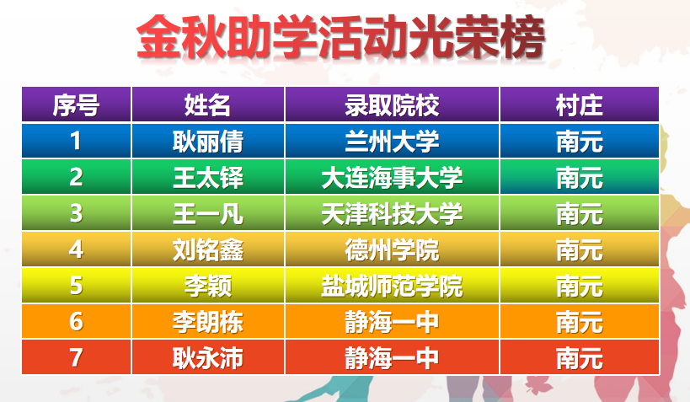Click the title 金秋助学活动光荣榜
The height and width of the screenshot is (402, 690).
point(341,36)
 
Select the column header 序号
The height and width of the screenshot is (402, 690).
point(76,105)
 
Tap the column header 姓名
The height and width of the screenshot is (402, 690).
point(208,105)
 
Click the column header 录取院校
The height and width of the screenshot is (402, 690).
point(392,105)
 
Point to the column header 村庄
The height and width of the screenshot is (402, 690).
point(579,105)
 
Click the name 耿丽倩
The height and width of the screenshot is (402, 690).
point(208,142)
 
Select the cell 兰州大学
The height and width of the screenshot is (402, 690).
point(392,142)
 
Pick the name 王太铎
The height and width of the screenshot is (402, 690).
point(208,178)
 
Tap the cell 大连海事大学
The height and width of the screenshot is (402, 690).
point(392,178)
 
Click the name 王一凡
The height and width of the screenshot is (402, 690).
point(208,213)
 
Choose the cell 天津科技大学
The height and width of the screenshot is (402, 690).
point(392,213)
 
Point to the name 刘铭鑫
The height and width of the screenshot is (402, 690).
point(208,249)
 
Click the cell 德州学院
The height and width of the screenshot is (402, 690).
point(392,249)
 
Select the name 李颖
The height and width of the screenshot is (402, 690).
point(208,286)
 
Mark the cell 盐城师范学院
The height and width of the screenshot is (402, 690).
point(392,286)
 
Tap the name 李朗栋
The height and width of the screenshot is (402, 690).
point(208,322)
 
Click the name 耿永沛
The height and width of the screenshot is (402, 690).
point(208,358)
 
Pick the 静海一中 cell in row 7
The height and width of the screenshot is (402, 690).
point(392,358)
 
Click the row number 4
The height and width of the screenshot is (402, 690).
point(76,249)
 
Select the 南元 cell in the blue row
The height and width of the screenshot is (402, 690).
point(579,142)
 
